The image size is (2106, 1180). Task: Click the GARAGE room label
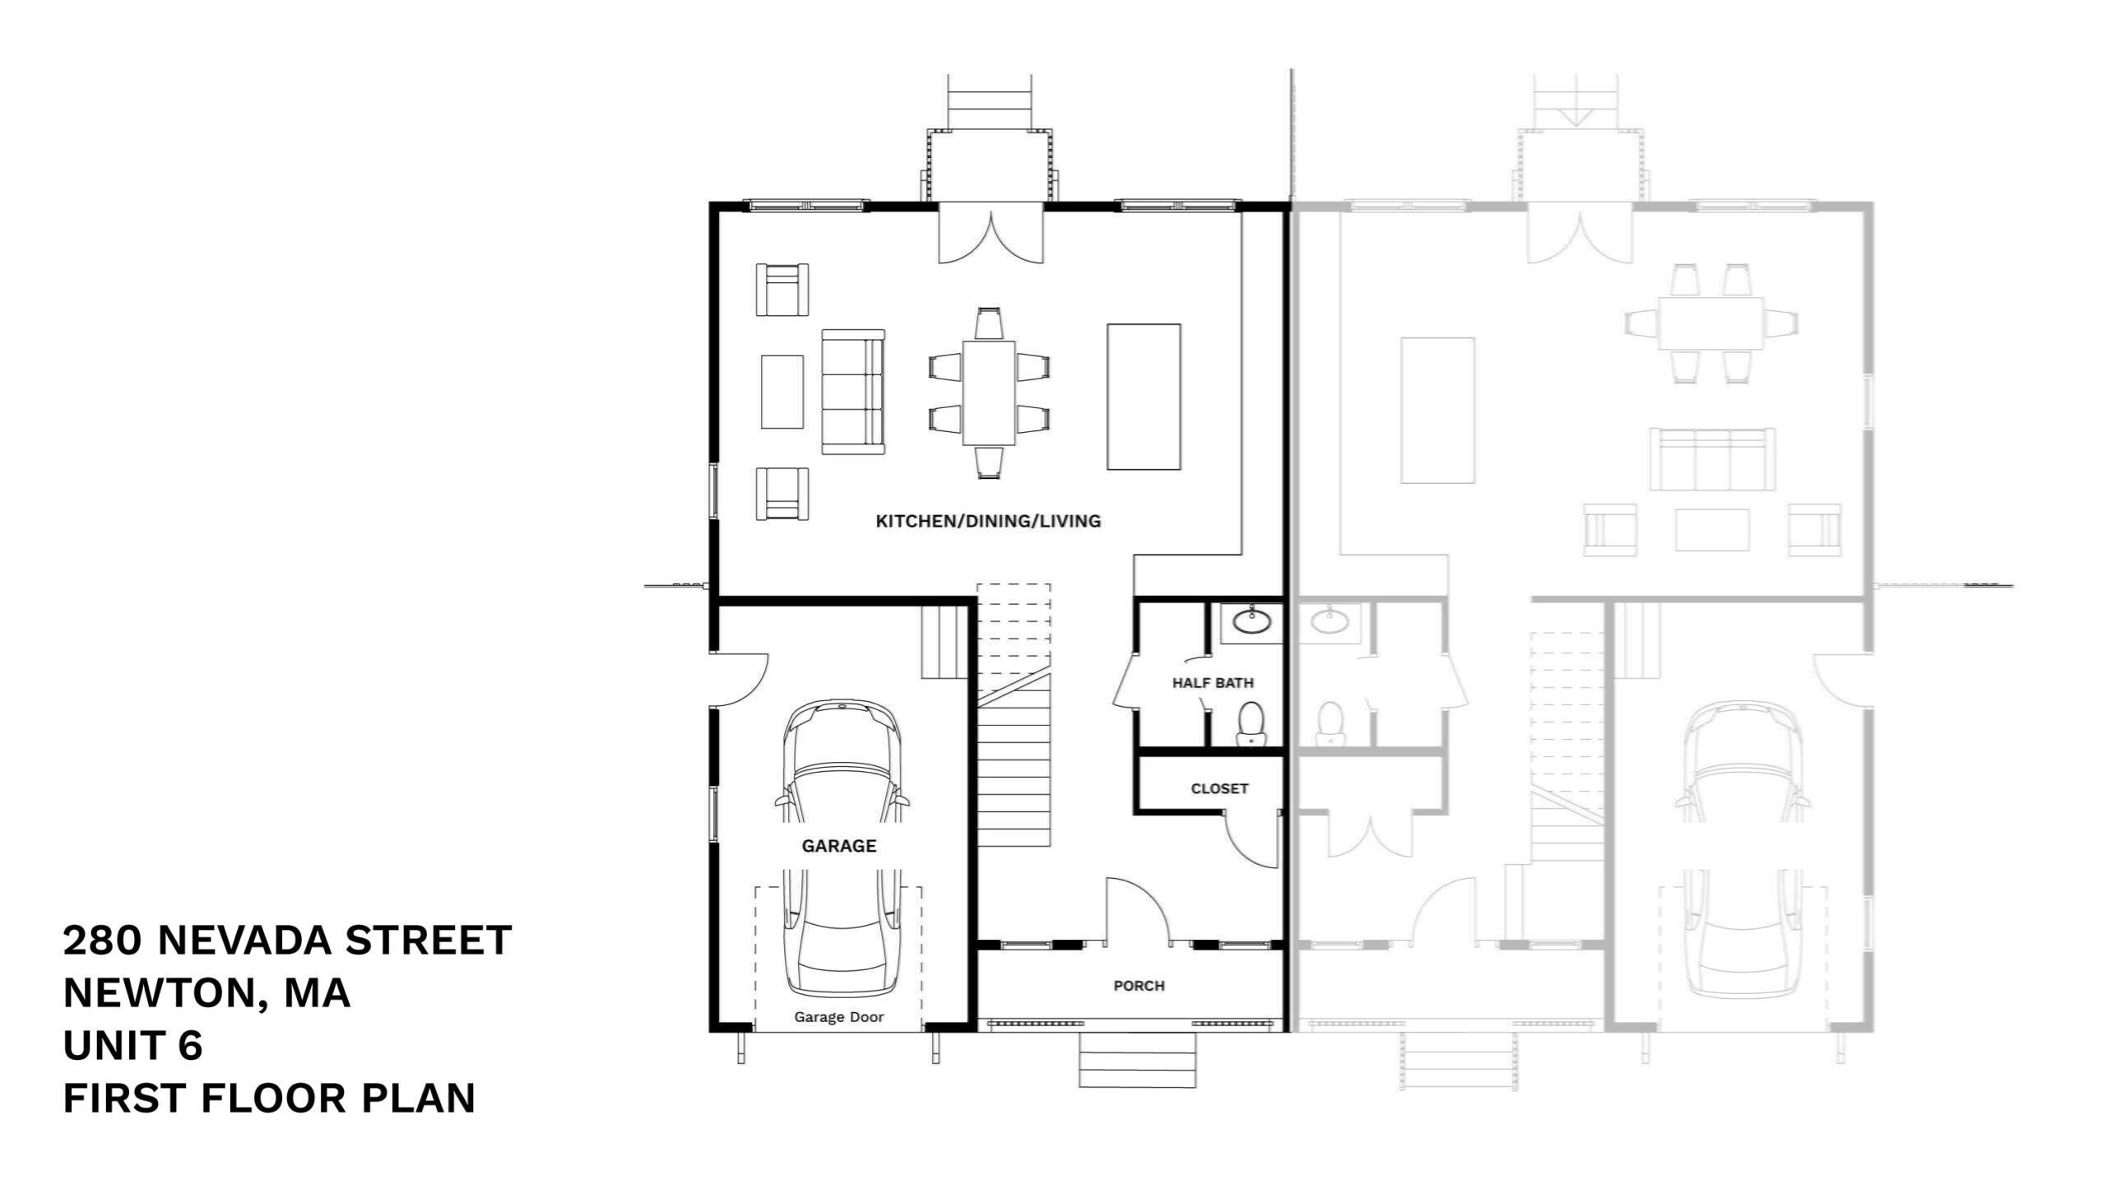[x=838, y=846]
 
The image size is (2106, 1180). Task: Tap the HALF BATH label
[x=1213, y=683]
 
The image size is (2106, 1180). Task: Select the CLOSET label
[x=1219, y=789]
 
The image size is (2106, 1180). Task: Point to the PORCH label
[x=1139, y=986]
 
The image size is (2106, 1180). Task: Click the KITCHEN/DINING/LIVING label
[x=987, y=521]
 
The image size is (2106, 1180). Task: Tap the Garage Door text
[x=838, y=1017]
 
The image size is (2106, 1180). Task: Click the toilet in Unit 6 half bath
[x=1250, y=722]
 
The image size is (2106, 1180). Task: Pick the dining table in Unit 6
[x=989, y=393]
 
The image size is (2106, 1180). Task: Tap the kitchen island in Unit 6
[x=1143, y=397]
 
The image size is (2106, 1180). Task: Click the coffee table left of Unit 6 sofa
[x=782, y=392]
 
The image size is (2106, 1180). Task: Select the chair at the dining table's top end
[x=989, y=323]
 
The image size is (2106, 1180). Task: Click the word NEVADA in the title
[x=244, y=941]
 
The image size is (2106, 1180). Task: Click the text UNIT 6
[x=132, y=1046]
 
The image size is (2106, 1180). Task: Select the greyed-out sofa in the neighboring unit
[x=1712, y=458]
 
